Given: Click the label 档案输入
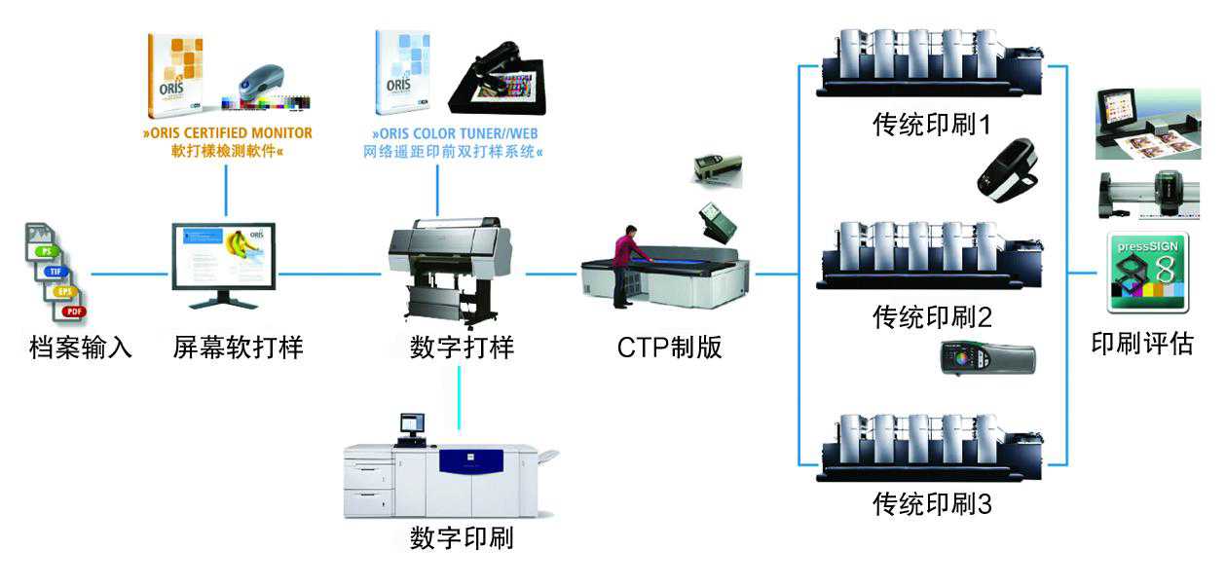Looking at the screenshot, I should coord(80,347).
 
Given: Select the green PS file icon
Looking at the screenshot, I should coord(44,250).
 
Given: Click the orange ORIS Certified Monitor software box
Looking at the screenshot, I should coord(174,71).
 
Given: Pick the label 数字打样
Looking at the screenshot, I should coord(462,347).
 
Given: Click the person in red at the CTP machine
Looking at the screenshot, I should coord(627,263).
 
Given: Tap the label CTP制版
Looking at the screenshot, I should coord(669,347).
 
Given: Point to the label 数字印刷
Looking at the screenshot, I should coord(462,537).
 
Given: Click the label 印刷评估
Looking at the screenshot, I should coord(1141,343).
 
